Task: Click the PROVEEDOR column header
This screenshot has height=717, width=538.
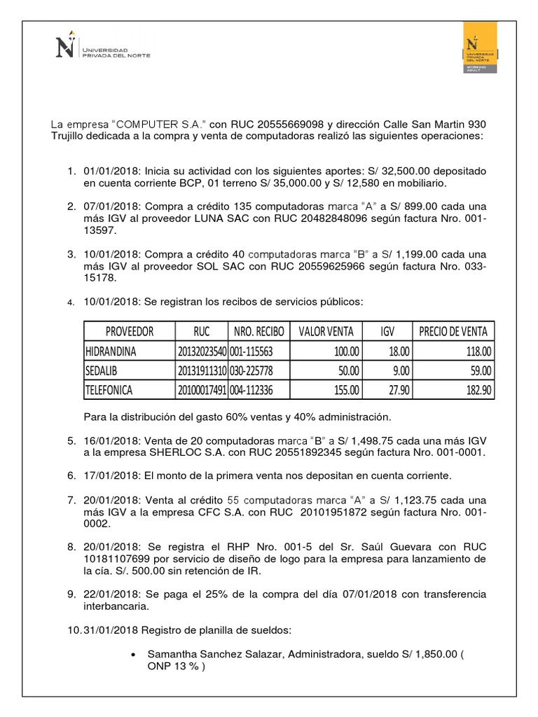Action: tap(129, 331)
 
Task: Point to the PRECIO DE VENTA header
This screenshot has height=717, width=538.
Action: tap(453, 331)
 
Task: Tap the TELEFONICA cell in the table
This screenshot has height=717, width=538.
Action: tap(109, 389)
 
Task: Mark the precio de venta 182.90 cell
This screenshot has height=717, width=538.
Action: tap(476, 389)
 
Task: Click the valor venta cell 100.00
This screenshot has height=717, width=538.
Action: tap(347, 351)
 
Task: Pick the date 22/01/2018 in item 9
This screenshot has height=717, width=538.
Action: tap(114, 594)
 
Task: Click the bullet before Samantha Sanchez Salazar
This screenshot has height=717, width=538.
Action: tap(133, 654)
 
